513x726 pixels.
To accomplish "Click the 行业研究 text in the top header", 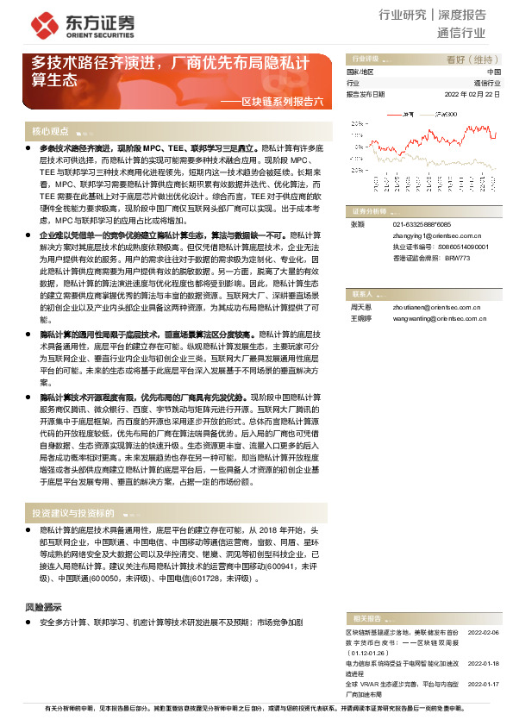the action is [403, 15].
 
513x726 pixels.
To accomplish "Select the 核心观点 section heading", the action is [50, 132].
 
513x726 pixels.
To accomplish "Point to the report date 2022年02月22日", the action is [472, 94].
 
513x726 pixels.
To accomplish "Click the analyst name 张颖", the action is [356, 223].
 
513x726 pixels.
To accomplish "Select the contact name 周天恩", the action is [360, 307].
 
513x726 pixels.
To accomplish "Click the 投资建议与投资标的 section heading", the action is [72, 513].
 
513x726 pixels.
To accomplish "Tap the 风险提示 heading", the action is [43, 606].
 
